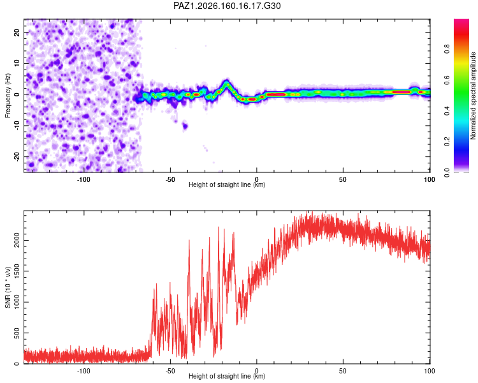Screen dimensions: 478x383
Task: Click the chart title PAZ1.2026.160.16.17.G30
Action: coord(227,6)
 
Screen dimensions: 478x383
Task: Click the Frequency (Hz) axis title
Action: coord(8,96)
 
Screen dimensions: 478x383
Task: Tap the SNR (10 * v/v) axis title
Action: coord(8,287)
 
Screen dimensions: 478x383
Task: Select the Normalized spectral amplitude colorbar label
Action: coord(473,96)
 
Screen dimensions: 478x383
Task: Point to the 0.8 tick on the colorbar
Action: coord(447,49)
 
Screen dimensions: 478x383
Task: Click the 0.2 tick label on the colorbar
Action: coord(447,142)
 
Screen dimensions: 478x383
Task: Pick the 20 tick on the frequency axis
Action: coord(17,33)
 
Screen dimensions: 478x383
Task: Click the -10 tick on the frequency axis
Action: coord(17,125)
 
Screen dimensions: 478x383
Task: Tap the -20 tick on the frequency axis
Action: coord(17,156)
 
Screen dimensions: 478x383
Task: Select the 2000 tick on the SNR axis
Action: coord(17,241)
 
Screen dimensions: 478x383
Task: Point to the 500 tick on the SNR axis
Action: coord(17,333)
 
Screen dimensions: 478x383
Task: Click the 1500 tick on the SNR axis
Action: coord(17,271)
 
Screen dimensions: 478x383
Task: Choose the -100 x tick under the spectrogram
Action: coord(83,179)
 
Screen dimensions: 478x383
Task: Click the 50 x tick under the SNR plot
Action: coord(343,371)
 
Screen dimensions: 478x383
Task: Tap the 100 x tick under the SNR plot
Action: coord(429,371)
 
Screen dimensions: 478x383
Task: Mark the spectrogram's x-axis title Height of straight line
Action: coord(227,184)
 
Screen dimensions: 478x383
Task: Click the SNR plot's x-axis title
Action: coord(227,376)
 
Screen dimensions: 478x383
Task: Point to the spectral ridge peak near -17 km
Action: coord(226,82)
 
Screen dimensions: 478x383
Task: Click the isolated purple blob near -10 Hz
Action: coord(185,126)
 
